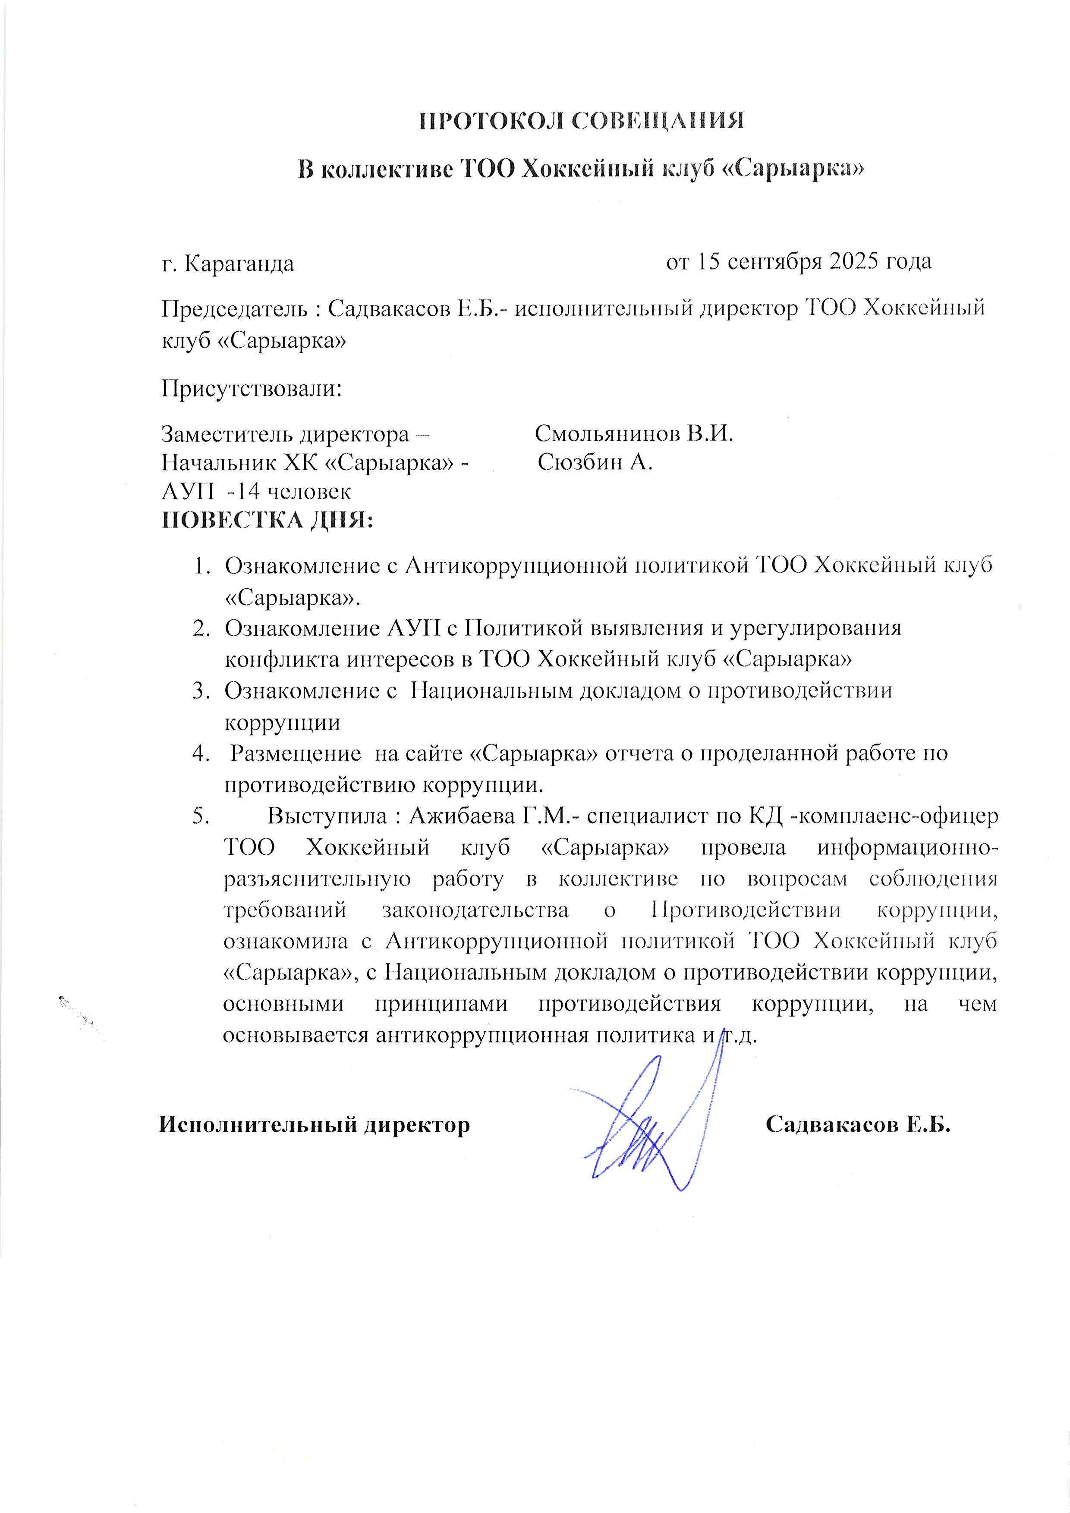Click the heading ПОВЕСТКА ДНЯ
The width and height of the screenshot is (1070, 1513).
[x=267, y=521]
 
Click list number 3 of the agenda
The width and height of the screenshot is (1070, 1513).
[x=201, y=691]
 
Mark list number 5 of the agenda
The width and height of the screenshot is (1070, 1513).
[x=201, y=816]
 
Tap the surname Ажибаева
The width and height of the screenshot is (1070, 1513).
[x=462, y=816]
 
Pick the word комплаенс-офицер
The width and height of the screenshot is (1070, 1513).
[x=898, y=816]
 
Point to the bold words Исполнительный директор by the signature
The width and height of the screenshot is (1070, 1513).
[x=315, y=1124]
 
